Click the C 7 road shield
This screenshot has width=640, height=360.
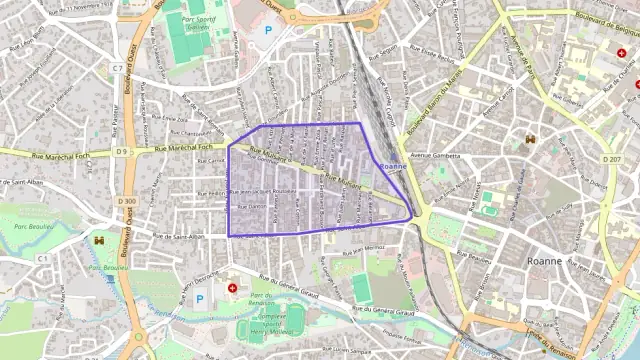(x=118, y=68)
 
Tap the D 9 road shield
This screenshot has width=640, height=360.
(x=122, y=152)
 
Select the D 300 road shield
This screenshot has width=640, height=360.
(x=126, y=201)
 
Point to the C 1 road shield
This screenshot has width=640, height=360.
(x=43, y=258)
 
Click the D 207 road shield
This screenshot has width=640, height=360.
(x=611, y=159)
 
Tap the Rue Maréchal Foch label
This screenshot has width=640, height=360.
(x=188, y=149)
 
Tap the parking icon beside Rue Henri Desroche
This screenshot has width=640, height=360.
(x=198, y=298)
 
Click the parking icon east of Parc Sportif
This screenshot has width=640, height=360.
(x=267, y=31)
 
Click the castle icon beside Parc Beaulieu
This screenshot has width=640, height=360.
(x=98, y=240)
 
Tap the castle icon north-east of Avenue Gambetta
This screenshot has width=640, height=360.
(x=530, y=139)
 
